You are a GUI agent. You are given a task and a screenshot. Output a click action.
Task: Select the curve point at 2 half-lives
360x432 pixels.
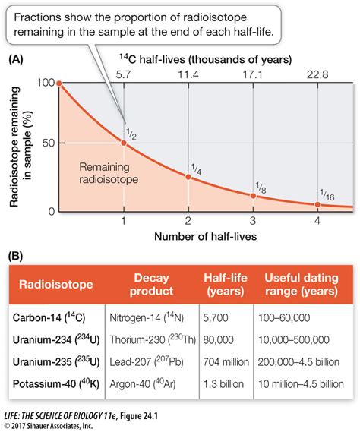(x=188, y=176)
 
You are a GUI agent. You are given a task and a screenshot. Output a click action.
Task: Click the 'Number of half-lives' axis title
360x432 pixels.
(x=188, y=236)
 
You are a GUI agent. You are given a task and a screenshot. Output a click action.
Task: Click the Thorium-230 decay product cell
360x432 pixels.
(x=155, y=341)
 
